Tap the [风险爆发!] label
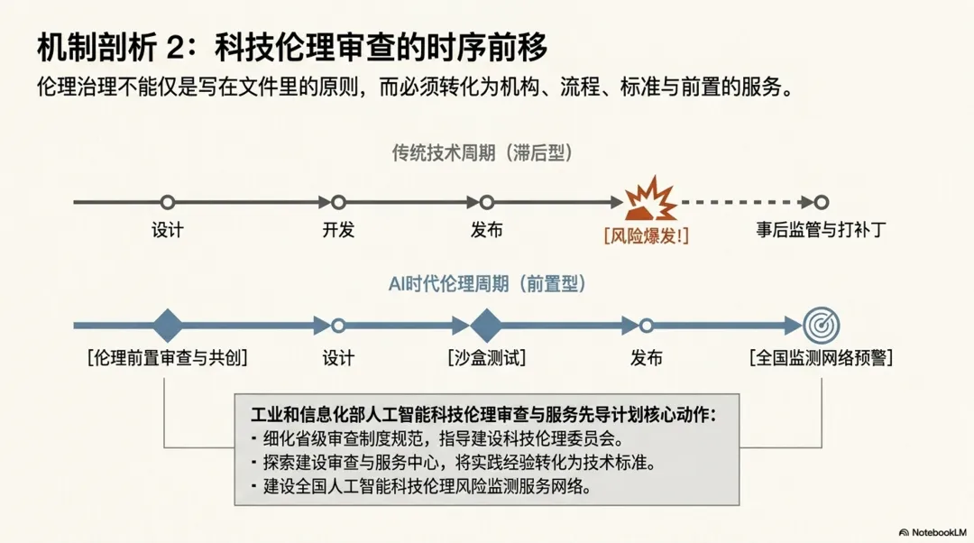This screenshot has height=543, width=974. click(646, 236)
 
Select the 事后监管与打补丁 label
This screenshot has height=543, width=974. click(821, 230)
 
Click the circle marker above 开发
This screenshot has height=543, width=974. click(338, 202)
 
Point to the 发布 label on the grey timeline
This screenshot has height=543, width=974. click(486, 230)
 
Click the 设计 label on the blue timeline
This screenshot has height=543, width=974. click(338, 358)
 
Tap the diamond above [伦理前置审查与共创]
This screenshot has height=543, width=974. click(167, 325)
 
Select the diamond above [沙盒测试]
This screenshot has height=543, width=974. click(486, 325)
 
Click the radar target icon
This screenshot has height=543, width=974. click(822, 325)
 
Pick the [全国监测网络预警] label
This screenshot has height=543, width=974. click(822, 358)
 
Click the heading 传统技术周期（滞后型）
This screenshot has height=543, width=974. click(482, 152)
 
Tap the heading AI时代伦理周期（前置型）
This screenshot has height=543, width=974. click(487, 284)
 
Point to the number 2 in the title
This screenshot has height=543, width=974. click(176, 48)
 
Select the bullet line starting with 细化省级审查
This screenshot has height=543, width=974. click(437, 438)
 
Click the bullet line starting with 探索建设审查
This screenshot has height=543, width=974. click(454, 463)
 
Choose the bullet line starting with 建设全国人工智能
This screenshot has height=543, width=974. click(421, 486)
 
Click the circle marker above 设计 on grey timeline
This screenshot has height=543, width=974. click(167, 202)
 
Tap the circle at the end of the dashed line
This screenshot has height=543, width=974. click(822, 202)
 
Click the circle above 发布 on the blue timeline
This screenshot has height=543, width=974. click(646, 325)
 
